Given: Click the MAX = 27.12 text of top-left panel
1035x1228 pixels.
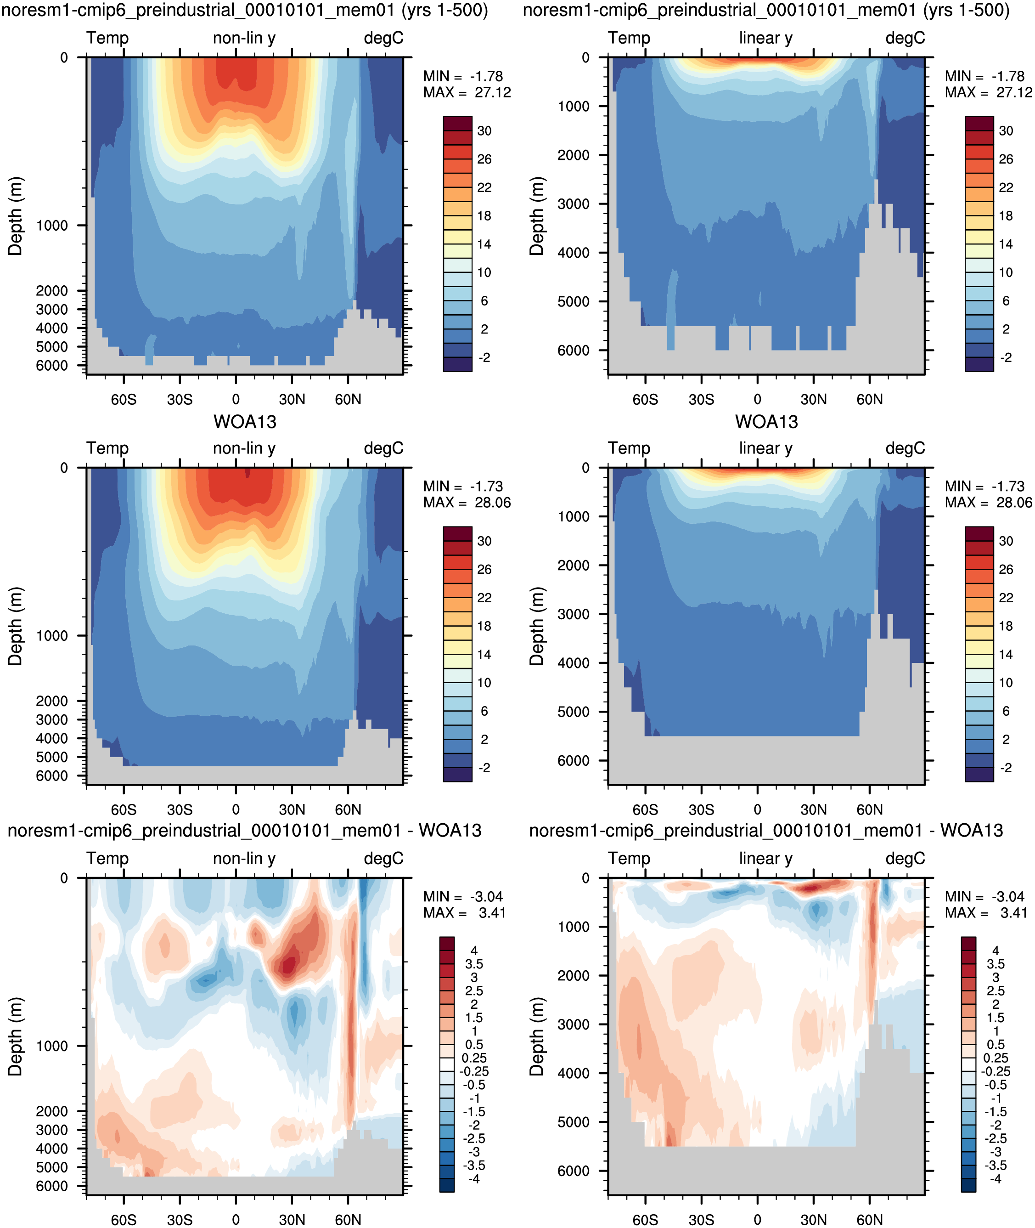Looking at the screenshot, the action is point(467,92).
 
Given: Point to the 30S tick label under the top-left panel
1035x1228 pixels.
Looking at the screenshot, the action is point(180,399).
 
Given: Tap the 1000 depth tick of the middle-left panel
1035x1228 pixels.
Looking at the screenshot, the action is point(52,636).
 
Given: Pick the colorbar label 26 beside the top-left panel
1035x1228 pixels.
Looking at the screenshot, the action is point(484,159).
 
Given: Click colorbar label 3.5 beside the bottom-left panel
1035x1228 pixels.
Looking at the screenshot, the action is point(474,963).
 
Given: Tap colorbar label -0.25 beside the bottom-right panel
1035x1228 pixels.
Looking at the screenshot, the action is point(996,1071).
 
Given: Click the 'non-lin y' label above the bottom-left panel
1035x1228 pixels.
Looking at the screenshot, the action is point(244,858).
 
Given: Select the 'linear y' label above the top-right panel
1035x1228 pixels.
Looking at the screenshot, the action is point(766,38).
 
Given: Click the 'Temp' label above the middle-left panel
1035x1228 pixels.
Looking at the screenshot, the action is point(107,448).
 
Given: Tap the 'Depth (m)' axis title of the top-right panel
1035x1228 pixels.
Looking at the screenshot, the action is point(537,215).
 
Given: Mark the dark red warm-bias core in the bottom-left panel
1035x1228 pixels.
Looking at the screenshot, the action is point(288,964).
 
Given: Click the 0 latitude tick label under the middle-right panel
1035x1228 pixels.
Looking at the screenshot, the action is point(758,809).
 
